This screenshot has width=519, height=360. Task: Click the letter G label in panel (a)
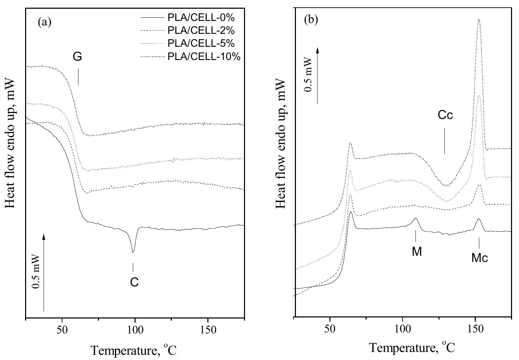tap(77, 57)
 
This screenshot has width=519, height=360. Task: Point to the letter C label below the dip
tap(135, 282)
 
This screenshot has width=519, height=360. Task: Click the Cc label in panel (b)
tap(445, 115)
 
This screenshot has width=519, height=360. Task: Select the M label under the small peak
tap(417, 252)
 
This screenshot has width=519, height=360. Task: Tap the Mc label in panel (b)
tap(480, 258)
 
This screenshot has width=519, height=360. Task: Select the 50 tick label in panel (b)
tap(330, 328)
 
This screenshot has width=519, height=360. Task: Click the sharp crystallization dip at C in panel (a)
tap(133, 252)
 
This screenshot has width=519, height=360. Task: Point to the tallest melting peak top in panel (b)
tap(479, 20)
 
